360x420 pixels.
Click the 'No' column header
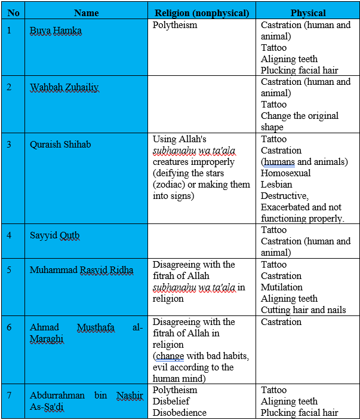point(13,13)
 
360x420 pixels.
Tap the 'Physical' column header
point(308,13)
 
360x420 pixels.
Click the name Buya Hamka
point(56,30)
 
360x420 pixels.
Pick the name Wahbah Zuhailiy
point(64,87)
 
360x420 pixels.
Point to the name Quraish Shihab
point(60,144)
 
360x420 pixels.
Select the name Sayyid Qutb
point(54,235)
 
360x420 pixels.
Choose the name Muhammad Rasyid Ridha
point(82,270)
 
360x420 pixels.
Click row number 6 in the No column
point(9,327)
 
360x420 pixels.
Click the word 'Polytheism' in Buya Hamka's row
point(175,25)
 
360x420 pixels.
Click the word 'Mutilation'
point(282,287)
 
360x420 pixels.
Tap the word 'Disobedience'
point(180,413)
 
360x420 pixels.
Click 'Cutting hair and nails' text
point(303,310)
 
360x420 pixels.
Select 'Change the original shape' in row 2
point(300,121)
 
